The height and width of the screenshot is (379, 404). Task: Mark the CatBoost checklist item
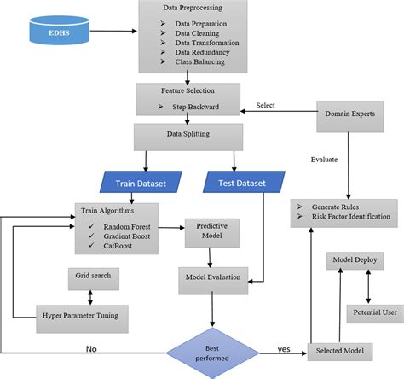[x=117, y=247]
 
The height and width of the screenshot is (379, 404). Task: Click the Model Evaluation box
[x=212, y=277]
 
